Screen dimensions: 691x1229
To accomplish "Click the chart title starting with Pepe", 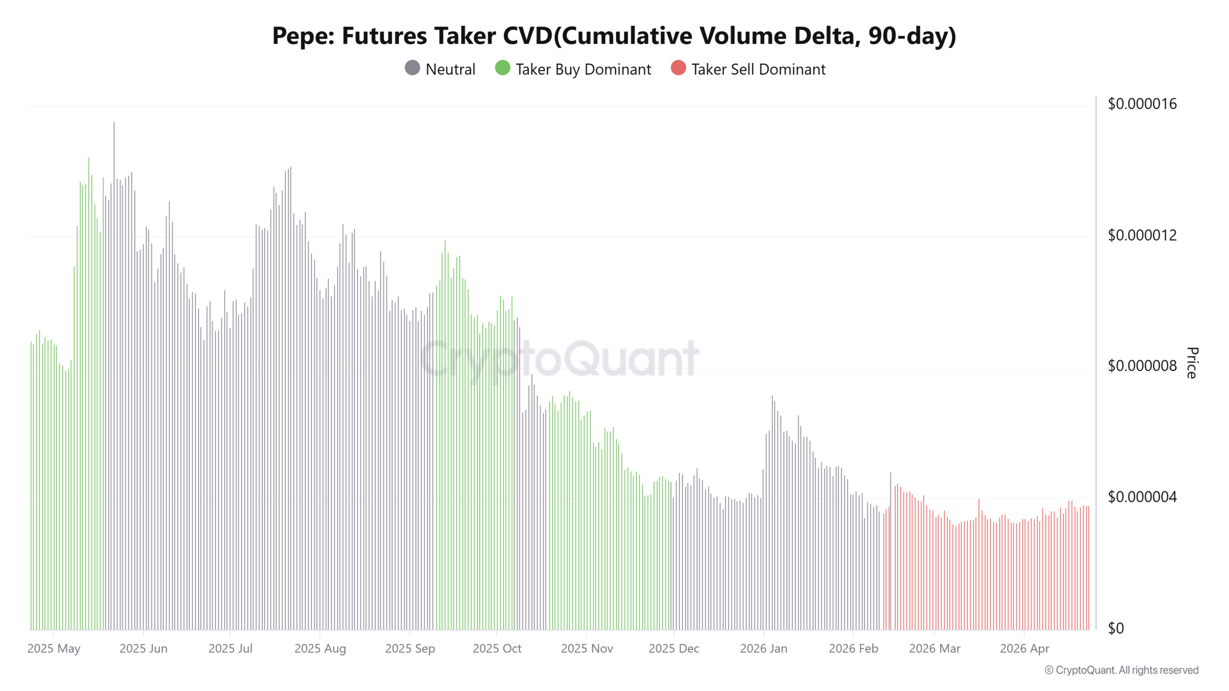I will click(x=614, y=36).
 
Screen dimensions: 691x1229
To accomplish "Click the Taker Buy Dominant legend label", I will click(x=583, y=69).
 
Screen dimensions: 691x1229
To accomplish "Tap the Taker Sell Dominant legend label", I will click(x=758, y=69).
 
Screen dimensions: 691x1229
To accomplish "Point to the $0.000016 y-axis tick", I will click(x=1142, y=104).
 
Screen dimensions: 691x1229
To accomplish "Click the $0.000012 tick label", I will click(x=1142, y=235).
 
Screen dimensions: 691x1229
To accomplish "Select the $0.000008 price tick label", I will click(x=1142, y=366).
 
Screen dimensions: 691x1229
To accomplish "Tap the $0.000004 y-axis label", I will click(x=1142, y=497).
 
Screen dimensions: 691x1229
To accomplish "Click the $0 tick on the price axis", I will click(x=1116, y=628).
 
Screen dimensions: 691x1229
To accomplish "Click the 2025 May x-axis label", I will click(x=54, y=649).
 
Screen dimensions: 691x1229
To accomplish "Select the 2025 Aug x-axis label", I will click(x=320, y=649).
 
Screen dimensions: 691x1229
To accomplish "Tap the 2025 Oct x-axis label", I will click(x=497, y=649).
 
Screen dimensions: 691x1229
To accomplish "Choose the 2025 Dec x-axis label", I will click(x=674, y=649).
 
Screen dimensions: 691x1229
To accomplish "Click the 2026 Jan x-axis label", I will click(x=763, y=649).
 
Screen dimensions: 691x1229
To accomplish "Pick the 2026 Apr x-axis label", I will click(x=1024, y=649).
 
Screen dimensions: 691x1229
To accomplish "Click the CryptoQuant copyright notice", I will click(x=1121, y=670).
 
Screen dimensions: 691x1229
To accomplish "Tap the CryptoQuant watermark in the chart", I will click(x=559, y=358).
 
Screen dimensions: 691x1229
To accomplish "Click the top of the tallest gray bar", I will click(x=114, y=123).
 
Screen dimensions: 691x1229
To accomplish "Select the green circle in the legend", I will click(x=502, y=68).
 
